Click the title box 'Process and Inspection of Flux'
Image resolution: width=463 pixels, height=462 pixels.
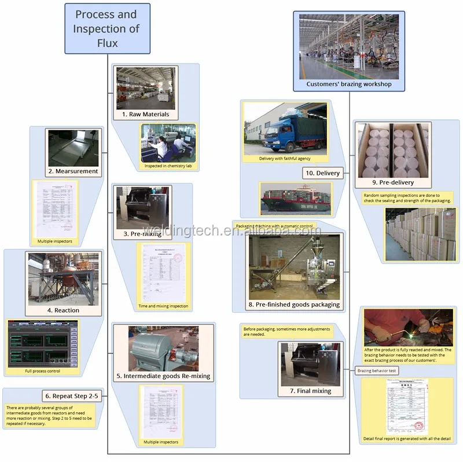[x=106, y=28]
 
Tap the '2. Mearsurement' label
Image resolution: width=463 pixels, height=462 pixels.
[x=72, y=171]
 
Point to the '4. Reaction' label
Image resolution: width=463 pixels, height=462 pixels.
[x=63, y=310]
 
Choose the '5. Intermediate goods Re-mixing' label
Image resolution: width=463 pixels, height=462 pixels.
[x=163, y=376]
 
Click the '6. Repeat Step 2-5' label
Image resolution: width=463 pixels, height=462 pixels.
[x=73, y=396]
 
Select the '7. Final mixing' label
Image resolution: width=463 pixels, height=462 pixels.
[x=311, y=391]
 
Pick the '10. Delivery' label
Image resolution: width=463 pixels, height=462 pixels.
[x=322, y=173]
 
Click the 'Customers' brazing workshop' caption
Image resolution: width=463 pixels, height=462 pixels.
[x=348, y=84]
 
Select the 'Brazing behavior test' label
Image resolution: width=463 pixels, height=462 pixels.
[x=376, y=371]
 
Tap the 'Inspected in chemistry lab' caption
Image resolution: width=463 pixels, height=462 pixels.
[x=168, y=166]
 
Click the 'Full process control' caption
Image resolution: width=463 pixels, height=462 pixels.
[x=42, y=371]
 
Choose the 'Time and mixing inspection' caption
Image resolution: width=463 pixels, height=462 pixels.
[x=163, y=306]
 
